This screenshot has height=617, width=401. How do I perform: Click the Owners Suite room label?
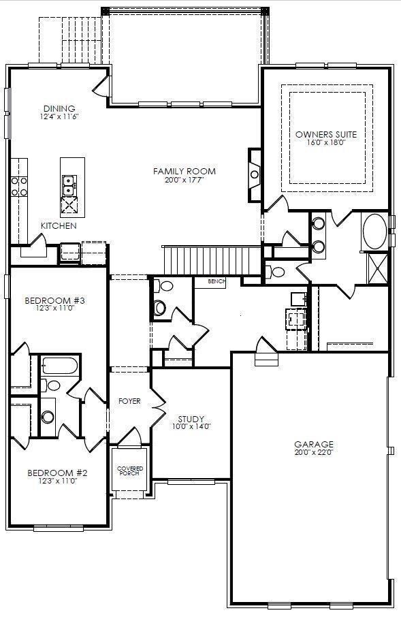point(326,134)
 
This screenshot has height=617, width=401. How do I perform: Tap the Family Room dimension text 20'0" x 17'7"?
point(185,180)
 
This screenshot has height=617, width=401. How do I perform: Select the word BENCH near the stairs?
point(216,281)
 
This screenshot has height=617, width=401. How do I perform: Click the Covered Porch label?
point(130,471)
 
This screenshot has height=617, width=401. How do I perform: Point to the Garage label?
point(314,444)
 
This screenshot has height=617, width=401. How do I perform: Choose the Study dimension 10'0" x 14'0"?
point(191,426)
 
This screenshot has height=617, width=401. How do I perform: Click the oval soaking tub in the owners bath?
point(374,232)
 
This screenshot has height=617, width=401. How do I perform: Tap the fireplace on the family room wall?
point(254,174)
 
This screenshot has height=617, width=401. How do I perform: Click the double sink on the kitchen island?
point(69,185)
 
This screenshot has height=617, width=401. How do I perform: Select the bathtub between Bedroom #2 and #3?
point(60,366)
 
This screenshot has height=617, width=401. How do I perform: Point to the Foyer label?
point(129,401)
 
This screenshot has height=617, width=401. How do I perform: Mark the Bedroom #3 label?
point(54,300)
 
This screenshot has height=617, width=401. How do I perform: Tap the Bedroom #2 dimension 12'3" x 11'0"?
point(57,481)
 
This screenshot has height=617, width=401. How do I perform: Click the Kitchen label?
point(59,226)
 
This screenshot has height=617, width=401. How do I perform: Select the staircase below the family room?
point(212,261)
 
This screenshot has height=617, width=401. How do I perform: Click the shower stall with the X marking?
point(377,269)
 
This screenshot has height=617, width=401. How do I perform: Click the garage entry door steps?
point(266,360)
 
